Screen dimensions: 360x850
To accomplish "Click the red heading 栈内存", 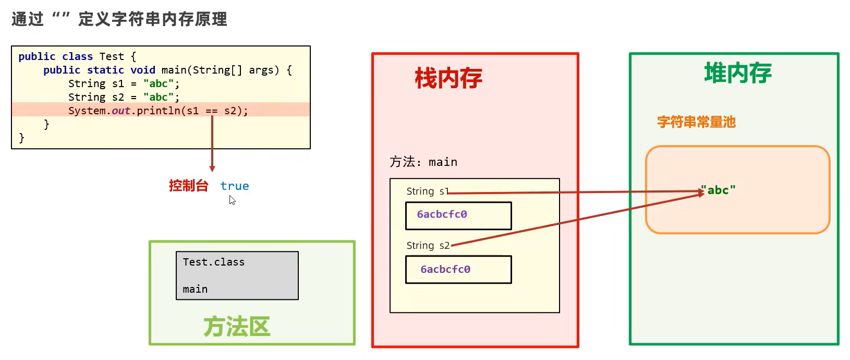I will click(448, 79).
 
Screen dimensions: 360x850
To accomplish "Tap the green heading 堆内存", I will click(737, 73).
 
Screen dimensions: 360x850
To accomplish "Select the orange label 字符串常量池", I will click(696, 122).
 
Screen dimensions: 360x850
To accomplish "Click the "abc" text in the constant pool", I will click(718, 190).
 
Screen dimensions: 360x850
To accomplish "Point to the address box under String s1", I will click(458, 215).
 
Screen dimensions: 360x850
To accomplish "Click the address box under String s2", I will click(458, 269).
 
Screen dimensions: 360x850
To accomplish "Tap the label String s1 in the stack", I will click(427, 191).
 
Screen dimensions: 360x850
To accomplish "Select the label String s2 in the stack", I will click(428, 246).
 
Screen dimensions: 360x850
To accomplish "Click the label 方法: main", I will click(423, 162).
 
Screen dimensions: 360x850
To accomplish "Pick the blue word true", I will click(235, 186).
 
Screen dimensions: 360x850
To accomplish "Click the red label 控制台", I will click(188, 186).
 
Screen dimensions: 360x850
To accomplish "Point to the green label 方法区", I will click(237, 327).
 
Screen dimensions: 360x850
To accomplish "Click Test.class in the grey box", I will click(213, 262).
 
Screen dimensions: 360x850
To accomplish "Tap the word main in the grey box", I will click(195, 290).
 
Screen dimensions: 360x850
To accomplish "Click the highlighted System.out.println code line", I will click(158, 111).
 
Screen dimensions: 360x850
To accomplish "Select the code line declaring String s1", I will click(124, 83).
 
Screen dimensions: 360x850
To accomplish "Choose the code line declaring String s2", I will click(124, 97).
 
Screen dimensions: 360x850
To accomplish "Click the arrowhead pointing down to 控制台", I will click(212, 169).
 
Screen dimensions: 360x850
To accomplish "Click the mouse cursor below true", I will click(232, 200).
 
